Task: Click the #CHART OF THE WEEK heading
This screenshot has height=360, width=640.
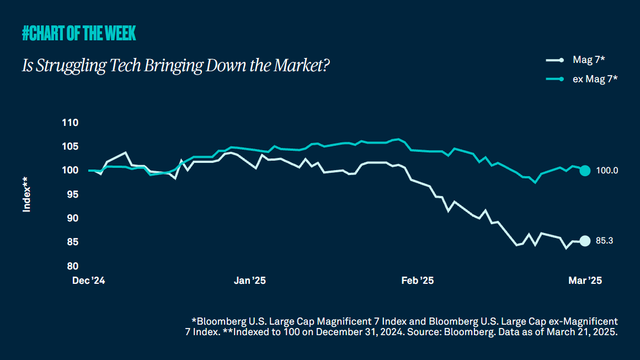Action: click(79, 34)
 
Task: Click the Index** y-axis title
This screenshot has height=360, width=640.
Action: click(26, 194)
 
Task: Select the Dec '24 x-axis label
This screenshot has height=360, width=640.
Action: click(89, 280)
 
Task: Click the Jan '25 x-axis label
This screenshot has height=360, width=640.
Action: click(250, 280)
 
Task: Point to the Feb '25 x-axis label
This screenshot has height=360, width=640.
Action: click(418, 280)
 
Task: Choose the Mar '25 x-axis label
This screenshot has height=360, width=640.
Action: click(585, 280)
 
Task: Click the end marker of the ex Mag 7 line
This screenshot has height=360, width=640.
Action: click(585, 171)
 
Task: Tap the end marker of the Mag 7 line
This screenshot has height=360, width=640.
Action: click(585, 241)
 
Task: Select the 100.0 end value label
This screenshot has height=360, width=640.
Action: click(607, 171)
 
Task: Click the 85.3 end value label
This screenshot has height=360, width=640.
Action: click(605, 241)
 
